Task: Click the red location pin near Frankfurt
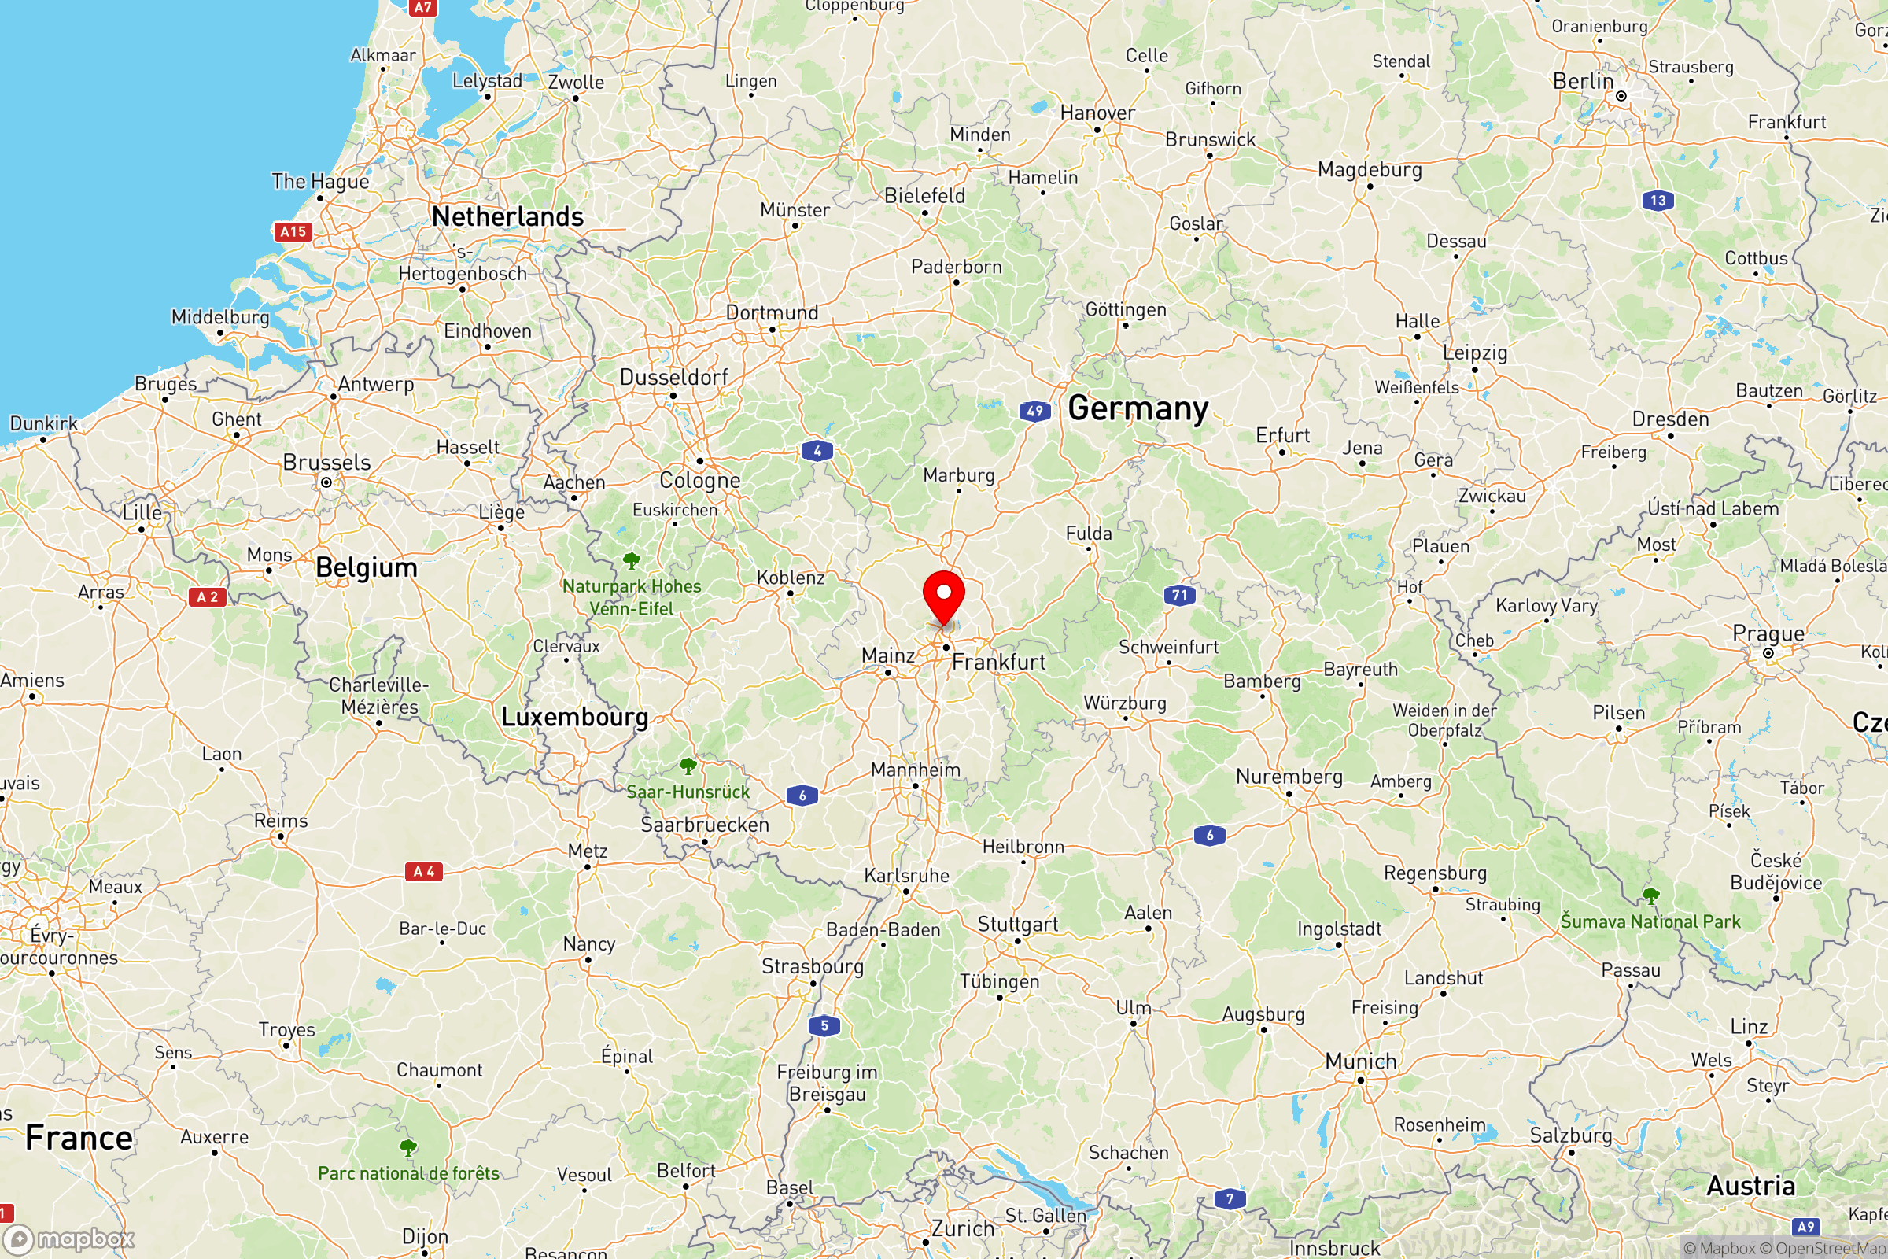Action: [943, 597]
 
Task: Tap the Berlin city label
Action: [1582, 81]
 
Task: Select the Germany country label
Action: [1138, 408]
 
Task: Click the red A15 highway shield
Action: [293, 232]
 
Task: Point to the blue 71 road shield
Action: [1179, 595]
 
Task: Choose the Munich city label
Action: [1361, 1061]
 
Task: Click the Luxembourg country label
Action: [575, 717]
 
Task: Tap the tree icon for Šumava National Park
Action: [1650, 895]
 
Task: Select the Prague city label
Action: [1768, 633]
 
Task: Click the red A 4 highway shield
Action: [424, 871]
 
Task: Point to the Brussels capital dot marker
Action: [326, 482]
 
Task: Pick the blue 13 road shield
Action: [1658, 201]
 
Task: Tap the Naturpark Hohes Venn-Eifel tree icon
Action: [632, 559]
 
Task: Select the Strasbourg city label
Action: [813, 966]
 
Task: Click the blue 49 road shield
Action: [1034, 411]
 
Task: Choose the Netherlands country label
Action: [507, 217]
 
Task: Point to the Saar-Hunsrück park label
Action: [688, 792]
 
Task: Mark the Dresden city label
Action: [1670, 419]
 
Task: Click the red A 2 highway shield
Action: [207, 596]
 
